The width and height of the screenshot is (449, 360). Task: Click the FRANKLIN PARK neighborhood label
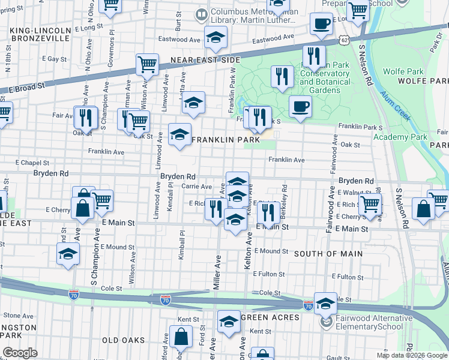[x=226, y=139]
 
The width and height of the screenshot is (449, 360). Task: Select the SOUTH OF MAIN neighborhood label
[x=328, y=254]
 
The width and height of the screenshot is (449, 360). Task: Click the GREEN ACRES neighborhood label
[x=270, y=317]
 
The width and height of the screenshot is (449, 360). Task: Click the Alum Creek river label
[x=399, y=107]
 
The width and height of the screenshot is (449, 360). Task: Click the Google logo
[x=20, y=353]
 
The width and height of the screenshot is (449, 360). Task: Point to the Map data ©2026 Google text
[x=412, y=355]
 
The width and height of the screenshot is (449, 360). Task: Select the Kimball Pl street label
[x=181, y=247]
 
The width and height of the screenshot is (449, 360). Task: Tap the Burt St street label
[x=178, y=23]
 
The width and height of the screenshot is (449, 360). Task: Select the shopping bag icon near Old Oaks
[x=181, y=338]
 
